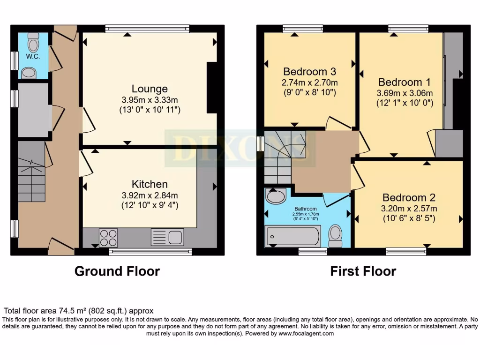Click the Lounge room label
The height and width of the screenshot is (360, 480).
click(150, 89)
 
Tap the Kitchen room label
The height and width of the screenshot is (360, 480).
click(150, 184)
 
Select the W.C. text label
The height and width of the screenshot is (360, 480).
click(32, 57)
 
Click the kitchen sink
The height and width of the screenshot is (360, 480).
click(167, 236)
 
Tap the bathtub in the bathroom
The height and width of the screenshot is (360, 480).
click(293, 236)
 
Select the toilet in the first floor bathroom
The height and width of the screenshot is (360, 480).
click(335, 235)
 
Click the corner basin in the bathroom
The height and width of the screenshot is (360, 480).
click(275, 196)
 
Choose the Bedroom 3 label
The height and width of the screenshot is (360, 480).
click(309, 72)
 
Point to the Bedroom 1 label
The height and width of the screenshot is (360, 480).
click(404, 81)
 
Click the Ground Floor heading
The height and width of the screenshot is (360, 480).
click(117, 271)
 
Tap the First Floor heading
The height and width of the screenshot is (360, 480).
click(363, 271)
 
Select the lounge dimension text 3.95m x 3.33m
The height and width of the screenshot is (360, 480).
click(150, 100)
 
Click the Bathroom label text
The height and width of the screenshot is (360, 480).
click(306, 209)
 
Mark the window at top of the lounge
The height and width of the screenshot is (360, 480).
click(147, 29)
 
